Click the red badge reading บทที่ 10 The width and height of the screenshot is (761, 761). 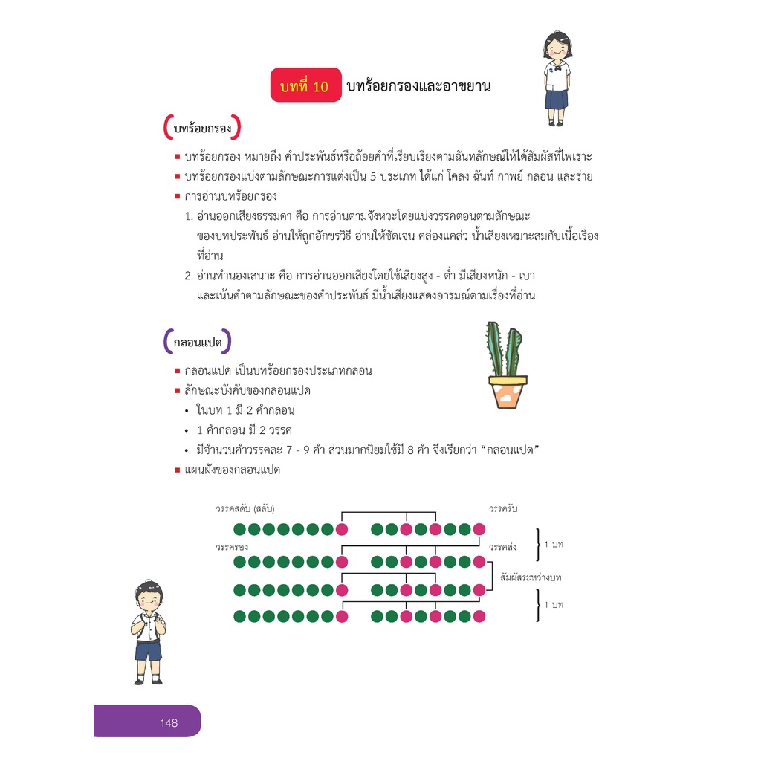coord(305,85)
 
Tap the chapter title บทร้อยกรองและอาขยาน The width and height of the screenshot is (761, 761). coord(418,86)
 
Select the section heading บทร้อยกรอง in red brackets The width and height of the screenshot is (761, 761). coord(202,128)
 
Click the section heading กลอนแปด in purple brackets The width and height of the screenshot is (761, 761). coord(198,342)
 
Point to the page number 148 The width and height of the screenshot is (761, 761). coord(169,722)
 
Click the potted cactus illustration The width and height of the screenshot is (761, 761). coord(506,365)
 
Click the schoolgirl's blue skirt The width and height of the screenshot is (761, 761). coord(556,99)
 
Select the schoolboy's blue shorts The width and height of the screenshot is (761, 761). coord(149,651)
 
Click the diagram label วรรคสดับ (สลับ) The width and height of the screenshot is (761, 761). coord(245,508)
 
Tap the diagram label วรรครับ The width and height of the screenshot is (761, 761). coord(503,508)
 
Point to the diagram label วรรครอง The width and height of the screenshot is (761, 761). coord(232,547)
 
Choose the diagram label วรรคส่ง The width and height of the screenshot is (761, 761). coord(502,547)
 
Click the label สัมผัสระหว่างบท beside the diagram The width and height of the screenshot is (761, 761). coord(531,577)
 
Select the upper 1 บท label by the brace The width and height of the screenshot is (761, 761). coord(553,544)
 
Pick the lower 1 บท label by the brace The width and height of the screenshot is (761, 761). coord(553,605)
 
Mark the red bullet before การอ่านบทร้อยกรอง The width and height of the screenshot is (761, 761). coord(178,196)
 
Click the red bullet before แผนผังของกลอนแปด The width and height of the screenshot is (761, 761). coord(178,470)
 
